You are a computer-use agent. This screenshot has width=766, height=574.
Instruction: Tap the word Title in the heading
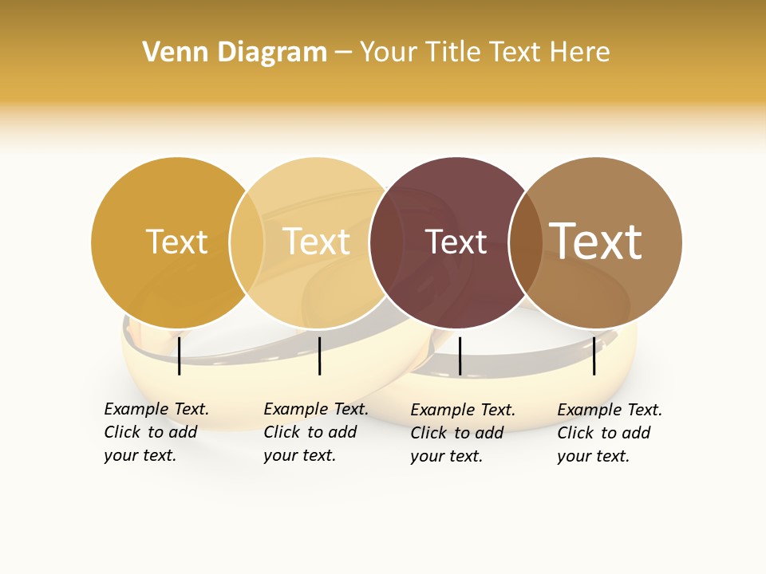[x=453, y=53]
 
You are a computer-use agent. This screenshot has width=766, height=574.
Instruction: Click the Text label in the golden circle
[x=176, y=242]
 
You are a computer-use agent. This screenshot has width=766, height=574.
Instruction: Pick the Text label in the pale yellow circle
[x=316, y=242]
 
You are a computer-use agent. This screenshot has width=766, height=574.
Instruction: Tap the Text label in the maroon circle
[x=456, y=242]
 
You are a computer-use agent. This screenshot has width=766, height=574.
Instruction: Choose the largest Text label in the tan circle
[x=595, y=241]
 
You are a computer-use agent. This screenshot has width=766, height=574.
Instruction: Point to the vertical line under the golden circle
[x=180, y=356]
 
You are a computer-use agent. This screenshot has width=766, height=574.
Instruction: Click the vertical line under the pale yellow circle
[x=319, y=356]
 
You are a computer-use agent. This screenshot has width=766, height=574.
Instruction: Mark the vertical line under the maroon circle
[x=460, y=356]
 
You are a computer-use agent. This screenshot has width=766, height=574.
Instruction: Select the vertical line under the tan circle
[x=594, y=356]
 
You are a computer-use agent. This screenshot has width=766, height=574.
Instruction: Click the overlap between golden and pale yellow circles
[x=247, y=242]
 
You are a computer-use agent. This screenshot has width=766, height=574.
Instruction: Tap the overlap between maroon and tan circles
[x=525, y=242]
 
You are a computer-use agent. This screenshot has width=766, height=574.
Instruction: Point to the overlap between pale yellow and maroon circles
[x=386, y=242]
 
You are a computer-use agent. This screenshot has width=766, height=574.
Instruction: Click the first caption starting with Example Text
[x=156, y=432]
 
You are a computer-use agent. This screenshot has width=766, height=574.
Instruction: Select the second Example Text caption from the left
[x=315, y=432]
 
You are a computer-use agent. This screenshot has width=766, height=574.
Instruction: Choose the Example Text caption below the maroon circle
[x=462, y=433]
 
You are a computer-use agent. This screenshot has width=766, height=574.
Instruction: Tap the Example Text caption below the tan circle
[x=609, y=433]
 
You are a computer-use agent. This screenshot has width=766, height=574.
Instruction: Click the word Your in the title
[x=389, y=53]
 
